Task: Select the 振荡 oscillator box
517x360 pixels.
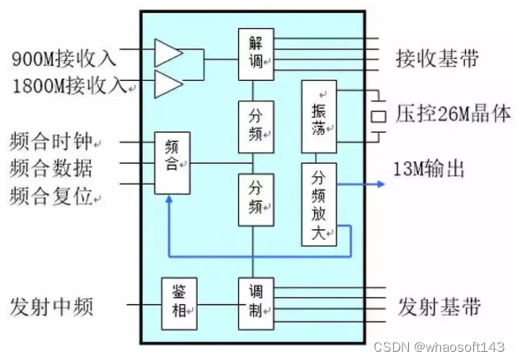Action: tap(320, 117)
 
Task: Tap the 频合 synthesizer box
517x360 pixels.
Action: tap(172, 163)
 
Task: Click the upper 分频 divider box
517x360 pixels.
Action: tap(255, 124)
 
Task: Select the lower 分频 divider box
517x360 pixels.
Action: tap(255, 199)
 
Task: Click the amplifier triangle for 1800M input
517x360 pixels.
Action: tap(167, 83)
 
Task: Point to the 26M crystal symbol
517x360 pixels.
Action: tap(378, 115)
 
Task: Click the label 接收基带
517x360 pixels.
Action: tap(437, 59)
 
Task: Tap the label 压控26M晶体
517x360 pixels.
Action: tap(454, 114)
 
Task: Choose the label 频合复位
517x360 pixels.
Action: tap(52, 196)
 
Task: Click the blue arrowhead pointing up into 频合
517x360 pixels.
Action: tap(167, 200)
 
